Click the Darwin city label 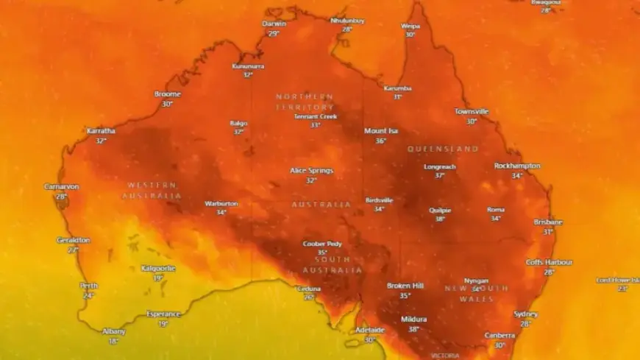[x=274, y=24]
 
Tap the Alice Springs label [x=311, y=170]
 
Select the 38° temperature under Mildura [x=413, y=329]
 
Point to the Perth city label [x=88, y=286]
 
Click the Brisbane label [x=548, y=222]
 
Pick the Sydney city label [x=525, y=314]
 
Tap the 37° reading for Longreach [x=439, y=176]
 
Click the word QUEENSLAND [x=443, y=149]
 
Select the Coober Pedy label [x=321, y=244]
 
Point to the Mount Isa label [x=380, y=131]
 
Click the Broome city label [x=167, y=94]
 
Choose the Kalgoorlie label [x=158, y=269]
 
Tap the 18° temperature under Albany [x=113, y=341]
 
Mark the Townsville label [x=471, y=112]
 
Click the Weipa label [x=410, y=26]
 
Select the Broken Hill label [x=405, y=286]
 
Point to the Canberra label [x=499, y=336]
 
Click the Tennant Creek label [x=315, y=116]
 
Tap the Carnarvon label [x=61, y=187]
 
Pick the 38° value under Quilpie [x=440, y=219]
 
